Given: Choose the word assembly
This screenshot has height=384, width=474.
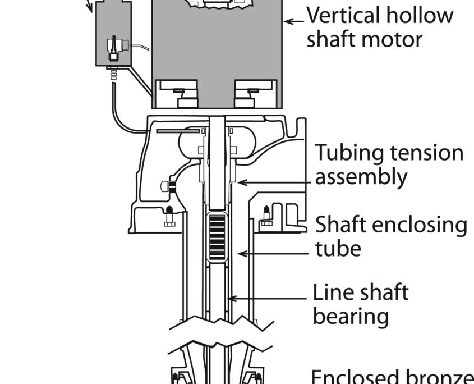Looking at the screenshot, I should pyautogui.click(x=361, y=177).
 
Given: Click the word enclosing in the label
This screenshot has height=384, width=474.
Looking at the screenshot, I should pyautogui.click(x=419, y=225).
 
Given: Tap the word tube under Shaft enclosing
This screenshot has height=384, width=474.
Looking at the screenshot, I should pyautogui.click(x=338, y=248).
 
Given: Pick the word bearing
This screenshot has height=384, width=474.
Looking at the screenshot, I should pyautogui.click(x=351, y=316).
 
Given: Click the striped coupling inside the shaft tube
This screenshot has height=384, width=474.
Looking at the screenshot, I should pyautogui.click(x=216, y=237).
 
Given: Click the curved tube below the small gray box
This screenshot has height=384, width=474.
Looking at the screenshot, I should pyautogui.click(x=121, y=115).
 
